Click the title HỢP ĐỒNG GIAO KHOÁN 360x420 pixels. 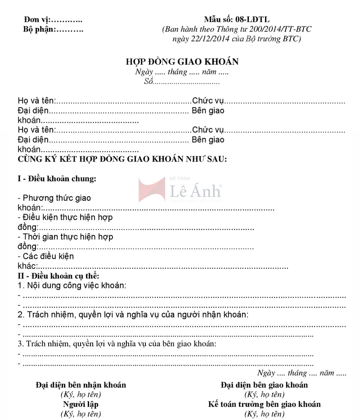click(182, 62)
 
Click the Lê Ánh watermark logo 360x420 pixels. click(180, 190)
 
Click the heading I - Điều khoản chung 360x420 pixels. click(57, 179)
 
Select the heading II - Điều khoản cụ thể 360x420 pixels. click(58, 275)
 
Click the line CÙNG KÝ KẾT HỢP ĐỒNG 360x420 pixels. click(122, 159)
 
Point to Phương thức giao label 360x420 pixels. click(54, 198)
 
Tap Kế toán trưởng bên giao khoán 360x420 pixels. click(264, 404)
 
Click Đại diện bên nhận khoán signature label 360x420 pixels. click(81, 385)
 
